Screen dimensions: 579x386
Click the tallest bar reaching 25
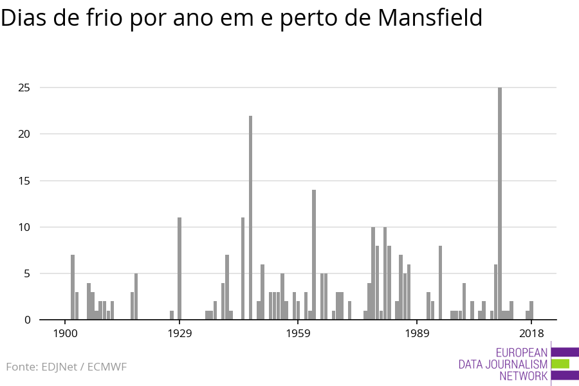500,203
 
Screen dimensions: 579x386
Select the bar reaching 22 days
250,217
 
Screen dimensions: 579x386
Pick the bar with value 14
314,255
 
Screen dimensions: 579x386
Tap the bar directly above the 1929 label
179,268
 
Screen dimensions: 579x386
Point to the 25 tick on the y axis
24,88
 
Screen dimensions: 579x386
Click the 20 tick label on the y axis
24,134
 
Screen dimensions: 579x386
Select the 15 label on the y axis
24,181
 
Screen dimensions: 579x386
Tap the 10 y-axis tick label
24,227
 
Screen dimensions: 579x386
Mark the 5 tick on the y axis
27,273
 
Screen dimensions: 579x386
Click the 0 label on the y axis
27,320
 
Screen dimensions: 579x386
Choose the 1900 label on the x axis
66,333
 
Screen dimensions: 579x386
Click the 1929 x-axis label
180,333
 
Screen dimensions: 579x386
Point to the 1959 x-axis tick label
299,333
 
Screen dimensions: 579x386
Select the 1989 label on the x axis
418,333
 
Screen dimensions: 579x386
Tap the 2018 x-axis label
532,333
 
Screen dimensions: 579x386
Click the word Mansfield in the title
430,17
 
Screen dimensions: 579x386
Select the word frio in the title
104,17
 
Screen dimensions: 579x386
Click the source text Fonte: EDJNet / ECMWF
66,367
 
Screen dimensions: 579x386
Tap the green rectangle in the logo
560,364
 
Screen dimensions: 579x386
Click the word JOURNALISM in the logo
516,365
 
